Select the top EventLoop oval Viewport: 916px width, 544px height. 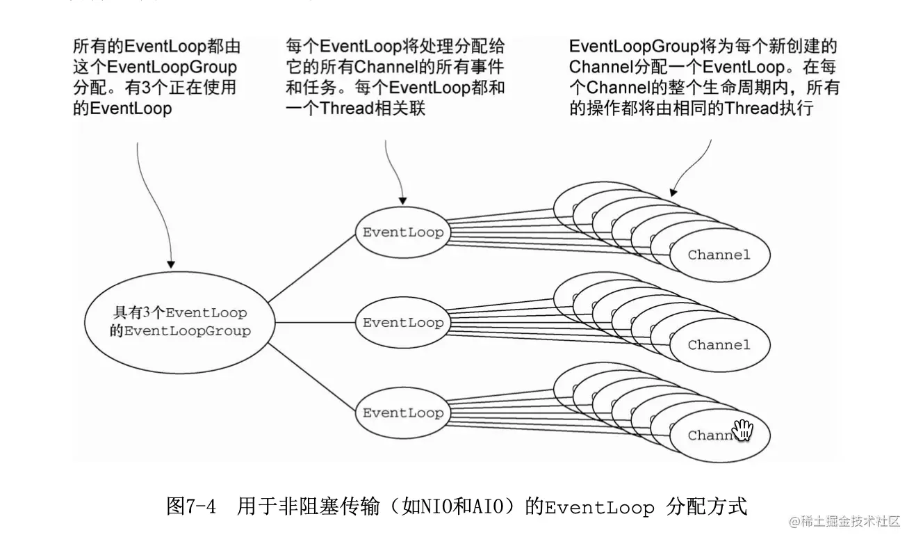(402, 232)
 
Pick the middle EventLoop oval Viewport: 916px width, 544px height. (402, 323)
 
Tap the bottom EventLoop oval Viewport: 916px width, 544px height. (402, 413)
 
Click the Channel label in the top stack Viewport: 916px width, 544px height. (719, 255)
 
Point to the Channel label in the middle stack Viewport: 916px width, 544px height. (719, 345)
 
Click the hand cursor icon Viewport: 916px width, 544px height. (742, 430)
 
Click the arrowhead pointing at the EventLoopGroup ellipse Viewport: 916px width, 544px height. (171, 264)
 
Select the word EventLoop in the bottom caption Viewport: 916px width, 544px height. (599, 507)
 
